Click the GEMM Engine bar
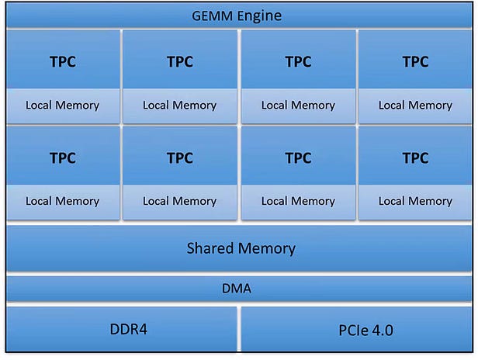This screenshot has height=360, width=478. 239,16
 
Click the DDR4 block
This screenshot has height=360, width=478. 122,328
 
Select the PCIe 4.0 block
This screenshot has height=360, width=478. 357,329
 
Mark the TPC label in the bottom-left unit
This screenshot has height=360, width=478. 62,158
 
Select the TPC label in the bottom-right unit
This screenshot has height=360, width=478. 415,158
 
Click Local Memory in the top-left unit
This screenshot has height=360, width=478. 62,106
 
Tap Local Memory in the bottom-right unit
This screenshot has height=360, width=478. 415,202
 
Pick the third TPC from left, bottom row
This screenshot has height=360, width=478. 298,158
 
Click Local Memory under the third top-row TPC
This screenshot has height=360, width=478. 298,106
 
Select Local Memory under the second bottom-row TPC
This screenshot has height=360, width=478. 180,202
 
